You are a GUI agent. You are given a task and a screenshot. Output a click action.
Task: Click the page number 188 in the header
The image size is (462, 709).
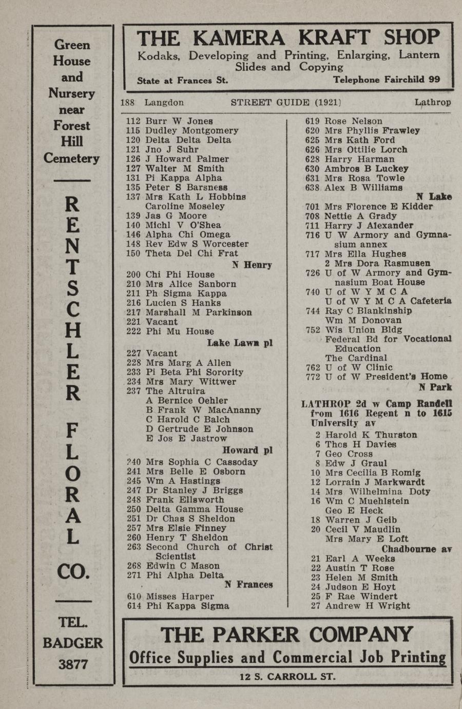click(127, 102)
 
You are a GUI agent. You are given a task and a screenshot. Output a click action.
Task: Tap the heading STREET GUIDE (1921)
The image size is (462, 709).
click(286, 102)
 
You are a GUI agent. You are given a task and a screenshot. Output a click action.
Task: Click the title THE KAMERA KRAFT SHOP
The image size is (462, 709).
click(288, 38)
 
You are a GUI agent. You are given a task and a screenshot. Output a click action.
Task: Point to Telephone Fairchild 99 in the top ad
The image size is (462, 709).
click(386, 80)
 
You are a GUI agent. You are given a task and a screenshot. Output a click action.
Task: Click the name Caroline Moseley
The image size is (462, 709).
click(185, 206)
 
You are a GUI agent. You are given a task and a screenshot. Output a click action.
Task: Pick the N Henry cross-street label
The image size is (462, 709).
click(252, 265)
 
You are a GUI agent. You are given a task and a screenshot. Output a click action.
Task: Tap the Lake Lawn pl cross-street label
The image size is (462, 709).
click(240, 343)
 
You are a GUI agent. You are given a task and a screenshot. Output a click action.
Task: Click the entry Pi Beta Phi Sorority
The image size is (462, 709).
click(195, 372)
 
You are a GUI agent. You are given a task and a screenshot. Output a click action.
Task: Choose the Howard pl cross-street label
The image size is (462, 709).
click(247, 450)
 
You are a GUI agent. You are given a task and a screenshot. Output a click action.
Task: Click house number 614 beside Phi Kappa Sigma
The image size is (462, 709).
click(134, 606)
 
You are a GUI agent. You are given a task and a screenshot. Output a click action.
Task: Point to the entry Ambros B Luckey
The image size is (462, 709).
click(367, 169)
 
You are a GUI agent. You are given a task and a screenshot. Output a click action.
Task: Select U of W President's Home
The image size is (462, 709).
click(386, 377)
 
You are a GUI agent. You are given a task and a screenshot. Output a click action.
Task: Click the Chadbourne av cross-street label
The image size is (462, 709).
click(416, 549)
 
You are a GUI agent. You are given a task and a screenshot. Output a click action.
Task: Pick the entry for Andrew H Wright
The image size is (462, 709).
click(368, 606)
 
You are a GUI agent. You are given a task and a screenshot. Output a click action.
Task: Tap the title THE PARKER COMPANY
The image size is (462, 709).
click(287, 635)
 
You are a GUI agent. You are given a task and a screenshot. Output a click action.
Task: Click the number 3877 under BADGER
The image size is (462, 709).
click(73, 664)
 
